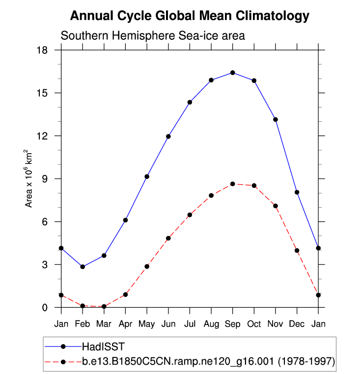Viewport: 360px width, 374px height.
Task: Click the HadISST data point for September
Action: (x=233, y=73)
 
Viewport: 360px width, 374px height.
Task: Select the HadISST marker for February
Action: (x=83, y=267)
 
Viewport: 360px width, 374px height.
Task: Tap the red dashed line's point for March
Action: (x=104, y=306)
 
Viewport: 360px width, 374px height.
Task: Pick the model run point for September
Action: (x=233, y=184)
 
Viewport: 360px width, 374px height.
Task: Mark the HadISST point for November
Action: (x=276, y=119)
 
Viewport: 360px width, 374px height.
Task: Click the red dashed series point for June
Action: (x=168, y=238)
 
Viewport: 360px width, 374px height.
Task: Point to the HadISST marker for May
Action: (x=147, y=176)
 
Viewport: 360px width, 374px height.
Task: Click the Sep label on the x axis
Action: (x=233, y=324)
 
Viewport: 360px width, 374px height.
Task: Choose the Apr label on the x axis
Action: (x=126, y=324)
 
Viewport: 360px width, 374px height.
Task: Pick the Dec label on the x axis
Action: (x=297, y=324)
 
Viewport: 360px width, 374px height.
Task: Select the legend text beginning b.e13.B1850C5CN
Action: (x=208, y=362)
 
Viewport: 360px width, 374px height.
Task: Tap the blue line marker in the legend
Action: (x=63, y=347)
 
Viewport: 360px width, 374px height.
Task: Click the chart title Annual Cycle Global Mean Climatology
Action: (x=190, y=16)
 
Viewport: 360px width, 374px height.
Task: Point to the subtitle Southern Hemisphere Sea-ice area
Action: (x=153, y=36)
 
